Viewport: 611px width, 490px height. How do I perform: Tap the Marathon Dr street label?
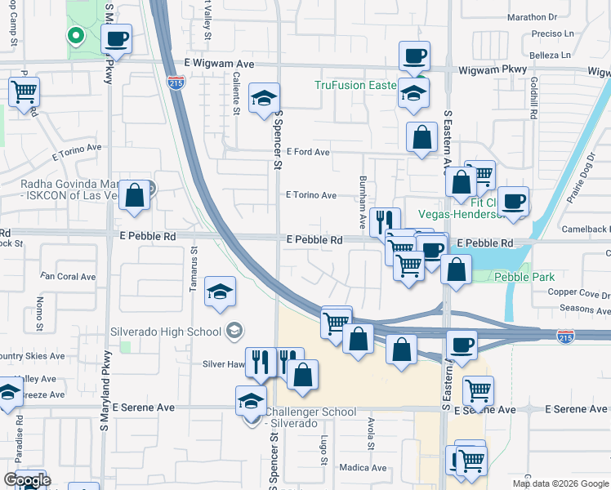click(531, 16)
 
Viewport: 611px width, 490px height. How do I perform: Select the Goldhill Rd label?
click(532, 99)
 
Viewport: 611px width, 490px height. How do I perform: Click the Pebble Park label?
click(524, 278)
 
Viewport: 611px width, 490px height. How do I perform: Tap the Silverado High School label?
click(166, 332)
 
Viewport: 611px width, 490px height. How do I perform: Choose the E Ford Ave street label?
click(307, 152)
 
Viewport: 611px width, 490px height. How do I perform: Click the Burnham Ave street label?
click(363, 202)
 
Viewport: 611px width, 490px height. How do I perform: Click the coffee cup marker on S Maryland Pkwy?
click(118, 38)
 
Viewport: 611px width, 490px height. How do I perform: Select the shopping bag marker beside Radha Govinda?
click(135, 197)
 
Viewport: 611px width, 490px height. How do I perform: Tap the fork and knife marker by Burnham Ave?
click(385, 221)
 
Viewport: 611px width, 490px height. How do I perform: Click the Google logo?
click(27, 480)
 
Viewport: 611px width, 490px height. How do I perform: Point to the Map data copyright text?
click(560, 483)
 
